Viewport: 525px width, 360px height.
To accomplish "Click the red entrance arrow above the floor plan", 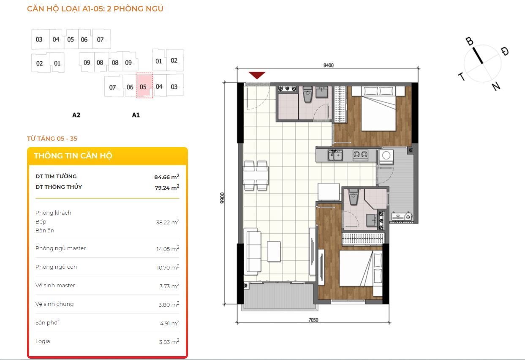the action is click(x=257, y=75).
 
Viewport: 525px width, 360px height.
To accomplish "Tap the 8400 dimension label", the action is click(x=328, y=65).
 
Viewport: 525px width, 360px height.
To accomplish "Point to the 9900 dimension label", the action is click(x=222, y=198).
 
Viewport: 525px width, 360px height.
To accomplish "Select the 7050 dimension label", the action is click(x=313, y=320).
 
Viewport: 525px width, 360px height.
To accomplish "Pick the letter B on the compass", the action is click(x=469, y=41).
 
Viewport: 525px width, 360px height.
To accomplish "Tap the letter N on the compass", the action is click(x=496, y=86).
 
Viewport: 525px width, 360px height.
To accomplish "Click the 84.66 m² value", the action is click(x=167, y=177).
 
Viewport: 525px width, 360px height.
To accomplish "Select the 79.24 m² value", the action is click(x=167, y=187).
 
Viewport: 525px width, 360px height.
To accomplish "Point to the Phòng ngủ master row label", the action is click(x=60, y=248).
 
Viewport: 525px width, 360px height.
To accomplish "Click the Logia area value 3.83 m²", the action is click(x=169, y=341).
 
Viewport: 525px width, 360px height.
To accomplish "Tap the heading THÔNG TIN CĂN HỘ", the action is click(x=73, y=156).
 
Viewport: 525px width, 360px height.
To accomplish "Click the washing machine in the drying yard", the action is click(x=386, y=155).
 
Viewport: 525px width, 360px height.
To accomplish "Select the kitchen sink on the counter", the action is click(x=335, y=155).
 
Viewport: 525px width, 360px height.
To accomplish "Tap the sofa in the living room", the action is click(x=253, y=251).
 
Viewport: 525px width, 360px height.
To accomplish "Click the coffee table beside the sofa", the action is click(x=274, y=251).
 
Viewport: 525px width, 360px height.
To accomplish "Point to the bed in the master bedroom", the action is click(x=378, y=109).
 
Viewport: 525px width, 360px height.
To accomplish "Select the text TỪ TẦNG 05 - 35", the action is click(x=52, y=138).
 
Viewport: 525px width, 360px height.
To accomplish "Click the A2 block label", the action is click(x=76, y=115).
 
